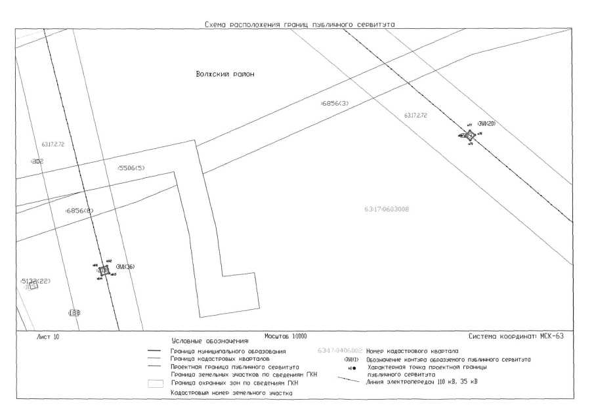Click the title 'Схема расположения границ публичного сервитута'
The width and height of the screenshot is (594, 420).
point(303,25)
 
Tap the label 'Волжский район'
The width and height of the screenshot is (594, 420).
point(224,74)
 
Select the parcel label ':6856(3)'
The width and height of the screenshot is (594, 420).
point(337,104)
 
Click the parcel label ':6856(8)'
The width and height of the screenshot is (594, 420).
point(80,211)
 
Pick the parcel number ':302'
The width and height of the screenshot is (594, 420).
point(36,161)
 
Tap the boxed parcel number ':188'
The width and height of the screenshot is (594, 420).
point(74,313)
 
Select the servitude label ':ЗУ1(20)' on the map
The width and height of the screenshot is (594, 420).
point(486,124)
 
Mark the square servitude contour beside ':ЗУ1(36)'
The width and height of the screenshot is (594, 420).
point(103,270)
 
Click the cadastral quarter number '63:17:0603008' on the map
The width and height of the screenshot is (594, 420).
point(386,209)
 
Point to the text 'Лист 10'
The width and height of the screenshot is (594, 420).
point(45,337)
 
